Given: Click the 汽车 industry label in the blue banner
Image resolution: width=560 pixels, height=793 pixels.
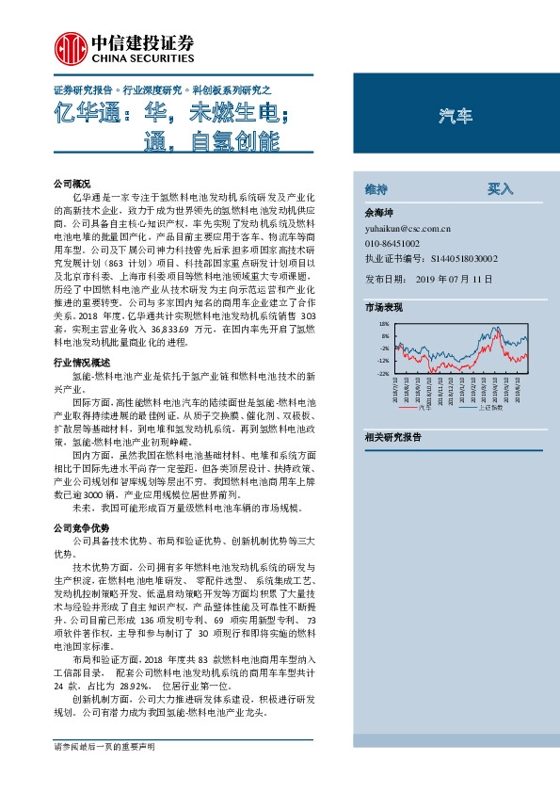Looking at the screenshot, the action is [x=456, y=117].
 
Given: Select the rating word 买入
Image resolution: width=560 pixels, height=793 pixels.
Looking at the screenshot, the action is [x=500, y=188].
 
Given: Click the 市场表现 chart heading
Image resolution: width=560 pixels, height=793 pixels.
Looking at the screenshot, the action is [x=383, y=307].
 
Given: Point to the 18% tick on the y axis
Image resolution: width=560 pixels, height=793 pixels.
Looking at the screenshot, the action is [x=383, y=324].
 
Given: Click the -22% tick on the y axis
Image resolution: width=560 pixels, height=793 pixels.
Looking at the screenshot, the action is [x=382, y=374].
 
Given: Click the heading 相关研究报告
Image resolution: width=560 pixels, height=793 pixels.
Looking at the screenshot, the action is [x=393, y=437].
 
